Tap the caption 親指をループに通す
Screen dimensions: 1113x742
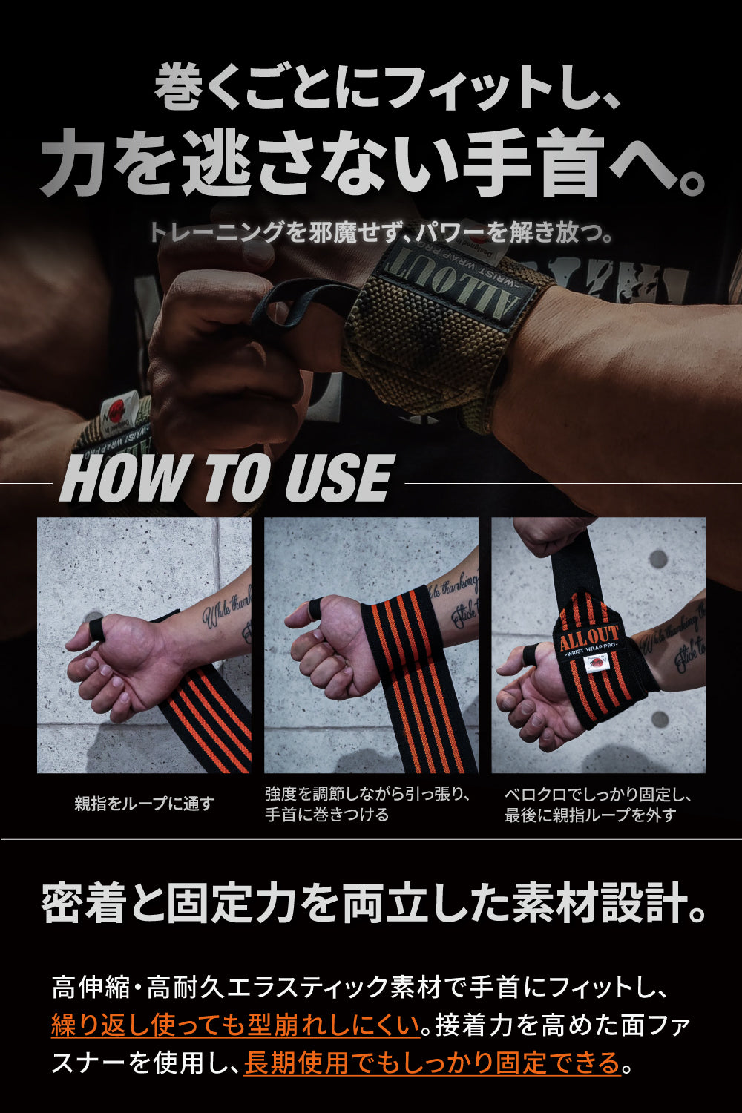(x=144, y=804)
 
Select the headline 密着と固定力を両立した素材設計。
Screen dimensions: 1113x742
(x=371, y=904)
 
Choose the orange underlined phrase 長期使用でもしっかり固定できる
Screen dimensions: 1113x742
(x=432, y=1063)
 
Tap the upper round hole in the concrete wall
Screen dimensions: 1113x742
(x=658, y=559)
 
